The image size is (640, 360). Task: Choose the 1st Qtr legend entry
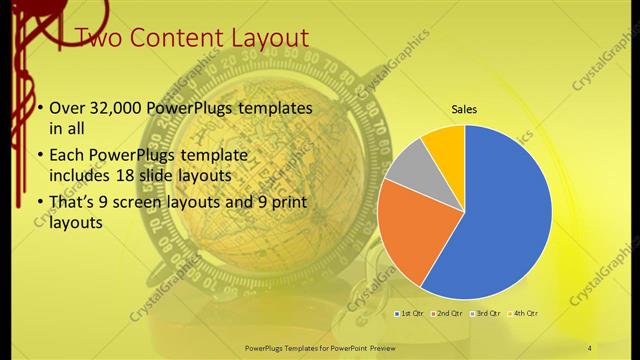click(x=409, y=314)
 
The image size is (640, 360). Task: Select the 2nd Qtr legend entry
click(x=445, y=314)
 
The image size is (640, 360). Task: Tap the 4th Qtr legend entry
click(x=525, y=314)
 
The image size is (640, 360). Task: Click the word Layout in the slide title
click(x=268, y=39)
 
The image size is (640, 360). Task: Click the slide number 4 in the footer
click(x=590, y=346)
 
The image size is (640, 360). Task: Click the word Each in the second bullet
click(x=68, y=156)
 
